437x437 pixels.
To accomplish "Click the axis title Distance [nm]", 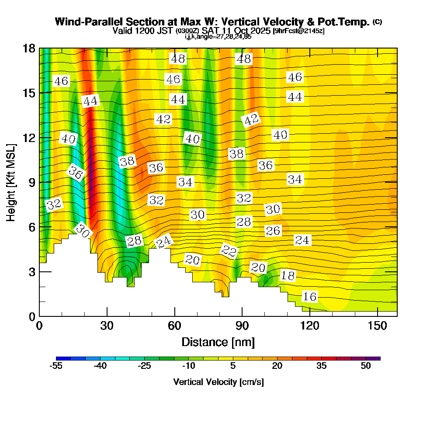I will click(218, 342).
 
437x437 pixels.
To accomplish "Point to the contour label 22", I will click(229, 251).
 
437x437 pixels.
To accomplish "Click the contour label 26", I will click(273, 230).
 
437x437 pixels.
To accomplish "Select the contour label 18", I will click(288, 276).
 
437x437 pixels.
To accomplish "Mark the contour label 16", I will click(309, 297).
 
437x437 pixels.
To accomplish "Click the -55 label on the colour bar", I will click(56, 366).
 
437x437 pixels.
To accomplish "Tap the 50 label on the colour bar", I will click(366, 366).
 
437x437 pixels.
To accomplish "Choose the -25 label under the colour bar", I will click(145, 366).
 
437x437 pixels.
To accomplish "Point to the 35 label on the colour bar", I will click(322, 366).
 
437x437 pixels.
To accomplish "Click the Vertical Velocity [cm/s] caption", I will click(218, 382).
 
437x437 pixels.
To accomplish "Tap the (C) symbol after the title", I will click(378, 21).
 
